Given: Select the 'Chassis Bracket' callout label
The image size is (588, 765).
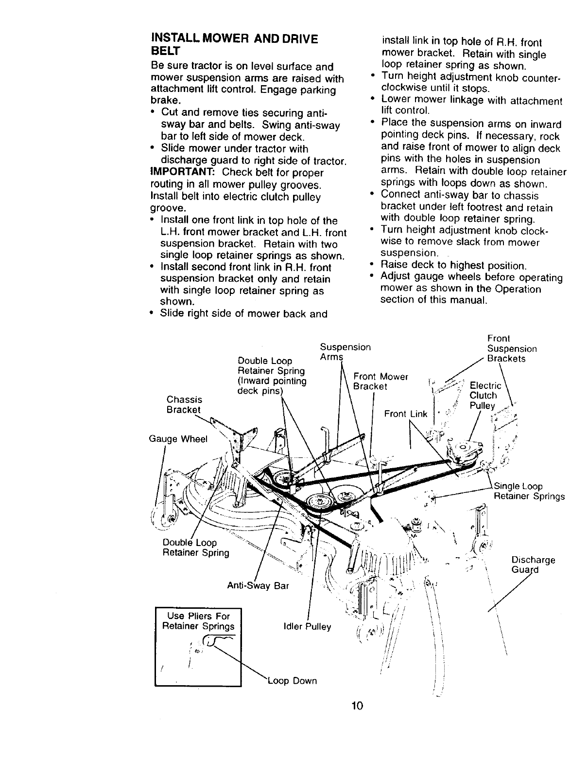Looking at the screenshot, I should [184, 404].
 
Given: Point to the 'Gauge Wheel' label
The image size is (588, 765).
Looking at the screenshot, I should [178, 439].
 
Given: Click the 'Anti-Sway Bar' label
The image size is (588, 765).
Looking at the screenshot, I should [258, 585].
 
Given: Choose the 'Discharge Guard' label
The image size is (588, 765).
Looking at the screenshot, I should [533, 565].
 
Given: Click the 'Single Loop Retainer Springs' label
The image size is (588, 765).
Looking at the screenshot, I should [529, 492].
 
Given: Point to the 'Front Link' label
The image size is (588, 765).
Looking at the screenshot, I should [405, 414].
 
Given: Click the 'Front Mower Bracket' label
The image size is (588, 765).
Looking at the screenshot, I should [380, 381].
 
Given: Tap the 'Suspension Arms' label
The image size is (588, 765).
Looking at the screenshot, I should [345, 352].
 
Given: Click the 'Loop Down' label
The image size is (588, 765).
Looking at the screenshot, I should [292, 681].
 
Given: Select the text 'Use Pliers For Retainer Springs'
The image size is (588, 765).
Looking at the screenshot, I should [198, 621].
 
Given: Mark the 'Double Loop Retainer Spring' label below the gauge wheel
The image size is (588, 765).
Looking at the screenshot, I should [196, 547].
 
